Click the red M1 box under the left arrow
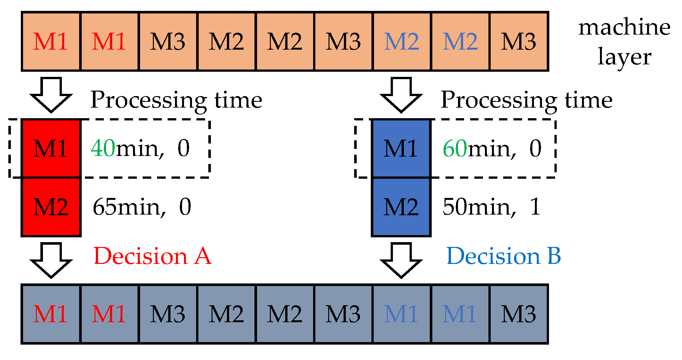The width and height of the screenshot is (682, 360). (51, 148)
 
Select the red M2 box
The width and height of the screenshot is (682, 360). (51, 207)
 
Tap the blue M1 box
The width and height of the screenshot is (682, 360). (401, 148)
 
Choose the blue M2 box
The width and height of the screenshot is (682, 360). (401, 207)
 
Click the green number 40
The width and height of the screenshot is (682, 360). (103, 148)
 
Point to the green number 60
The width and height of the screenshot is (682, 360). (455, 148)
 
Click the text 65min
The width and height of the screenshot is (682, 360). (129, 207)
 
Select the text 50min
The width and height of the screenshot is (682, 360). (479, 207)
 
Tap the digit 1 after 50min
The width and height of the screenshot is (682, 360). (535, 207)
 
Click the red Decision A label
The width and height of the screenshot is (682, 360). (153, 256)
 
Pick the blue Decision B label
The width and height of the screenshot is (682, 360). (503, 256)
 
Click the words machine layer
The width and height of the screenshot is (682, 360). (624, 42)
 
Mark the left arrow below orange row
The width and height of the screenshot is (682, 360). (51, 94)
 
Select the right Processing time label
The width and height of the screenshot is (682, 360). (526, 100)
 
